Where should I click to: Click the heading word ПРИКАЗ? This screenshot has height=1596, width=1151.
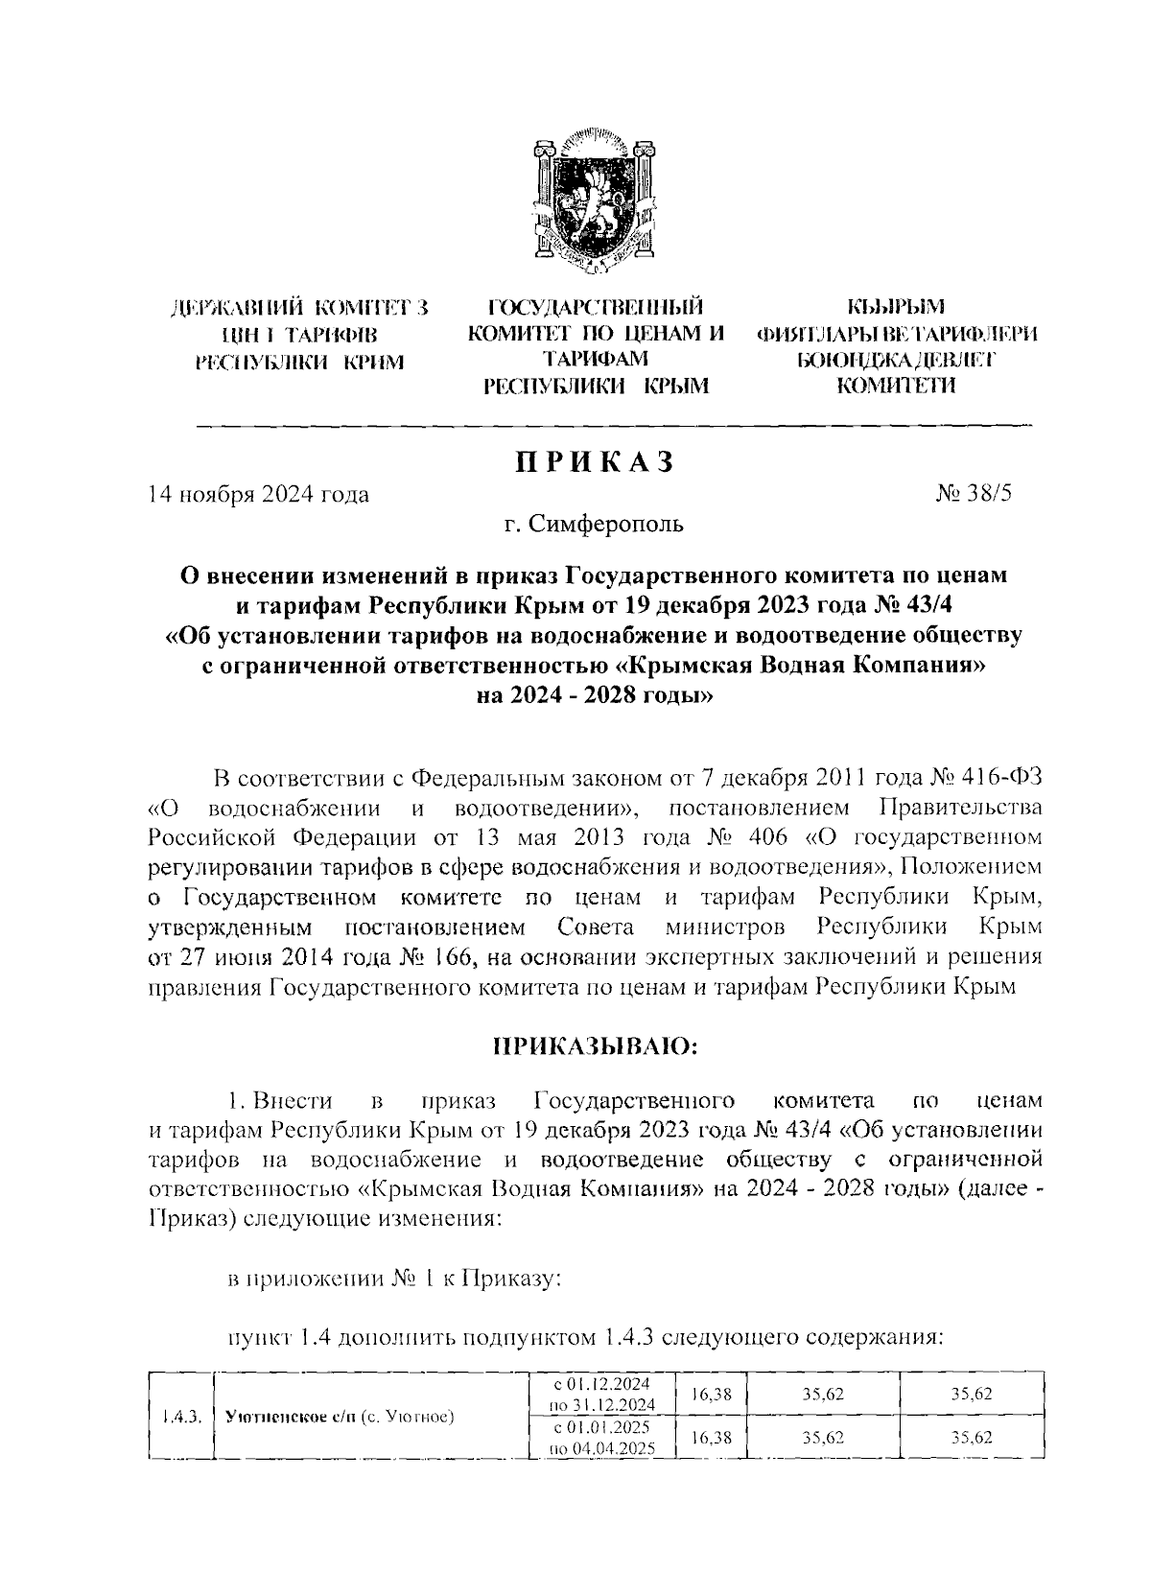595,461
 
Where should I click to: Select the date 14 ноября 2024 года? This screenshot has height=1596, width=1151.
257,495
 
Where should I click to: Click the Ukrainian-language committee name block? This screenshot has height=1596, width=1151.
299,334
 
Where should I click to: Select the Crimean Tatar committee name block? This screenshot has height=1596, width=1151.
898,346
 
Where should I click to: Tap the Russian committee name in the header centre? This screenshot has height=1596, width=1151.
596,346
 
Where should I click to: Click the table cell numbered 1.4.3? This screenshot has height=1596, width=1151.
180,1416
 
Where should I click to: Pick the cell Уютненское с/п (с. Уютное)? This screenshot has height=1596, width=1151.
339,1417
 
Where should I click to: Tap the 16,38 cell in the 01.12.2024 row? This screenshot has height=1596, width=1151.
711,1394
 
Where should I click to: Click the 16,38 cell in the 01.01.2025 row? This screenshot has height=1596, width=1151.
711,1439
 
